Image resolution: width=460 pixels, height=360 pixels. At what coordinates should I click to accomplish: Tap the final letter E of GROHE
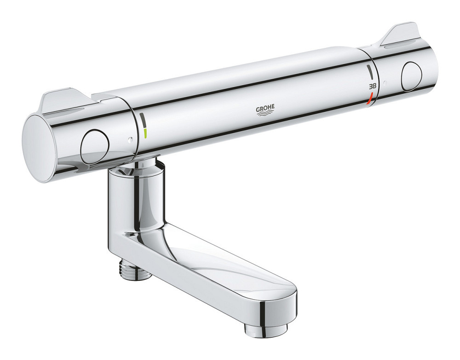[x=273, y=107]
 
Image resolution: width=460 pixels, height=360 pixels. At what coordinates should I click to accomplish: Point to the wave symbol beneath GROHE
[x=265, y=114]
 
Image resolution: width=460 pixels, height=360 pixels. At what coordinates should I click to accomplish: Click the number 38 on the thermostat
[x=373, y=87]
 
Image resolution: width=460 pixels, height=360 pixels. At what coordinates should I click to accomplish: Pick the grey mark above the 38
[x=370, y=72]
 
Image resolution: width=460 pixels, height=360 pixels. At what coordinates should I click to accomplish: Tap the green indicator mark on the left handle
[x=144, y=133]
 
